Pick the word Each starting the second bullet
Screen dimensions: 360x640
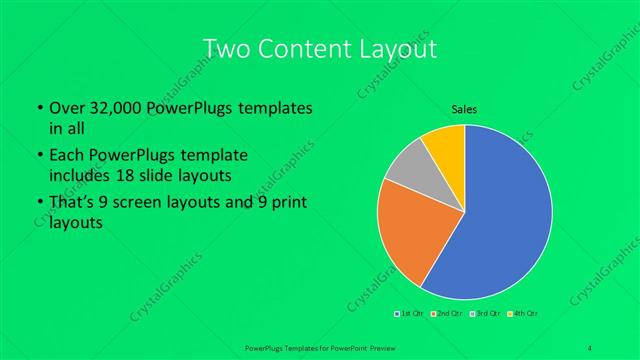[x=64, y=156]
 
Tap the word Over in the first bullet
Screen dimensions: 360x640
[x=66, y=106]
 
